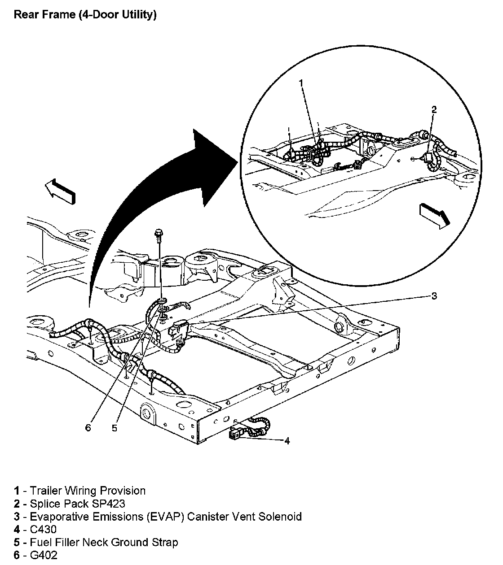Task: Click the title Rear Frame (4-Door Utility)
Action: [x=85, y=15]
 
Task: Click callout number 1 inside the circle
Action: [x=301, y=83]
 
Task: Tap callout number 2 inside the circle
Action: [x=433, y=109]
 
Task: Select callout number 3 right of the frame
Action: [x=434, y=296]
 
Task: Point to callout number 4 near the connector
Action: [x=287, y=441]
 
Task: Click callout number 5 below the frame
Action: [x=115, y=428]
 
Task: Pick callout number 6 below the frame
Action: [x=88, y=428]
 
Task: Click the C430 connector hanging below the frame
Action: [x=235, y=434]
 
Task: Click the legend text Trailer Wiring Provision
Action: [x=88, y=491]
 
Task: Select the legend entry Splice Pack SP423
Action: [x=77, y=504]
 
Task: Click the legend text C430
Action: [x=43, y=530]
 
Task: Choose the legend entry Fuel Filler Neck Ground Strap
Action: [x=104, y=543]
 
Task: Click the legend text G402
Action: [x=44, y=556]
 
